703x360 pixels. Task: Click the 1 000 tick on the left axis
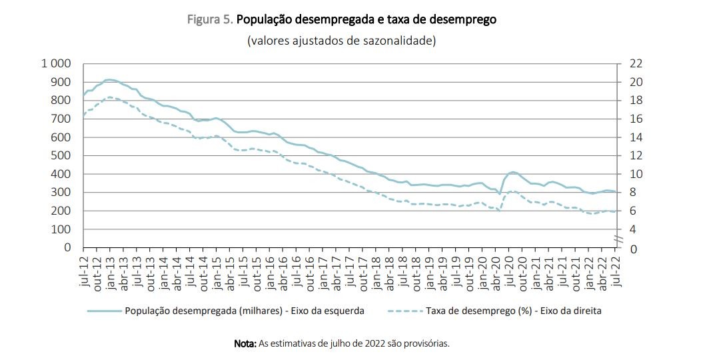coord(55,63)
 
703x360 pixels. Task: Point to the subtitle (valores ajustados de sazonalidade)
coord(342,41)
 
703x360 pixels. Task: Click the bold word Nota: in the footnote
coord(245,344)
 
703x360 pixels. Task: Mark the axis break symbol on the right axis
coord(618,239)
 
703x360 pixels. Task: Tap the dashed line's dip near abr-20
coord(499,211)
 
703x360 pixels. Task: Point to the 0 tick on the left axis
coord(67,247)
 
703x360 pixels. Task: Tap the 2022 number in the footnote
coord(375,344)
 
